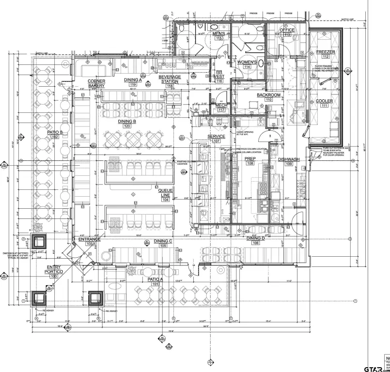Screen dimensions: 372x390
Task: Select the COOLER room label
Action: pyautogui.click(x=324, y=101)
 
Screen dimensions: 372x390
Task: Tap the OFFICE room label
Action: pyautogui.click(x=287, y=30)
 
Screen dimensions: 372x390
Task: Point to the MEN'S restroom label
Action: pyautogui.click(x=218, y=33)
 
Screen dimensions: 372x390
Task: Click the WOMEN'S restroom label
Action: pyautogui.click(x=247, y=62)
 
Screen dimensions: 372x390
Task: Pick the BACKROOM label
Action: pyautogui.click(x=268, y=95)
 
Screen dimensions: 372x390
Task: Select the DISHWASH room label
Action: pyautogui.click(x=289, y=159)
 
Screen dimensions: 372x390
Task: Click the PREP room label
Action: pyautogui.click(x=250, y=158)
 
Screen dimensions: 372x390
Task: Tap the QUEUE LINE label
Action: pyautogui.click(x=166, y=193)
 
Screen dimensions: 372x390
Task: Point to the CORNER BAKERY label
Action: pyautogui.click(x=96, y=83)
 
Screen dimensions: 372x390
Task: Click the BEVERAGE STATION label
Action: pyautogui.click(x=170, y=79)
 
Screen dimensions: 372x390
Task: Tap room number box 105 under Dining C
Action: pyautogui.click(x=163, y=246)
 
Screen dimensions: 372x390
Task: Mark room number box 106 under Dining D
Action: pyautogui.click(x=255, y=243)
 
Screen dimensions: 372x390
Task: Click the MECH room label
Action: pyautogui.click(x=221, y=105)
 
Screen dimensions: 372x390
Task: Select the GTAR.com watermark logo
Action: pyautogui.click(x=377, y=363)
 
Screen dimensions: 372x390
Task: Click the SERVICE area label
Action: pyautogui.click(x=216, y=137)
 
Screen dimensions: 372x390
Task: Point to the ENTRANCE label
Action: pyautogui.click(x=89, y=239)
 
